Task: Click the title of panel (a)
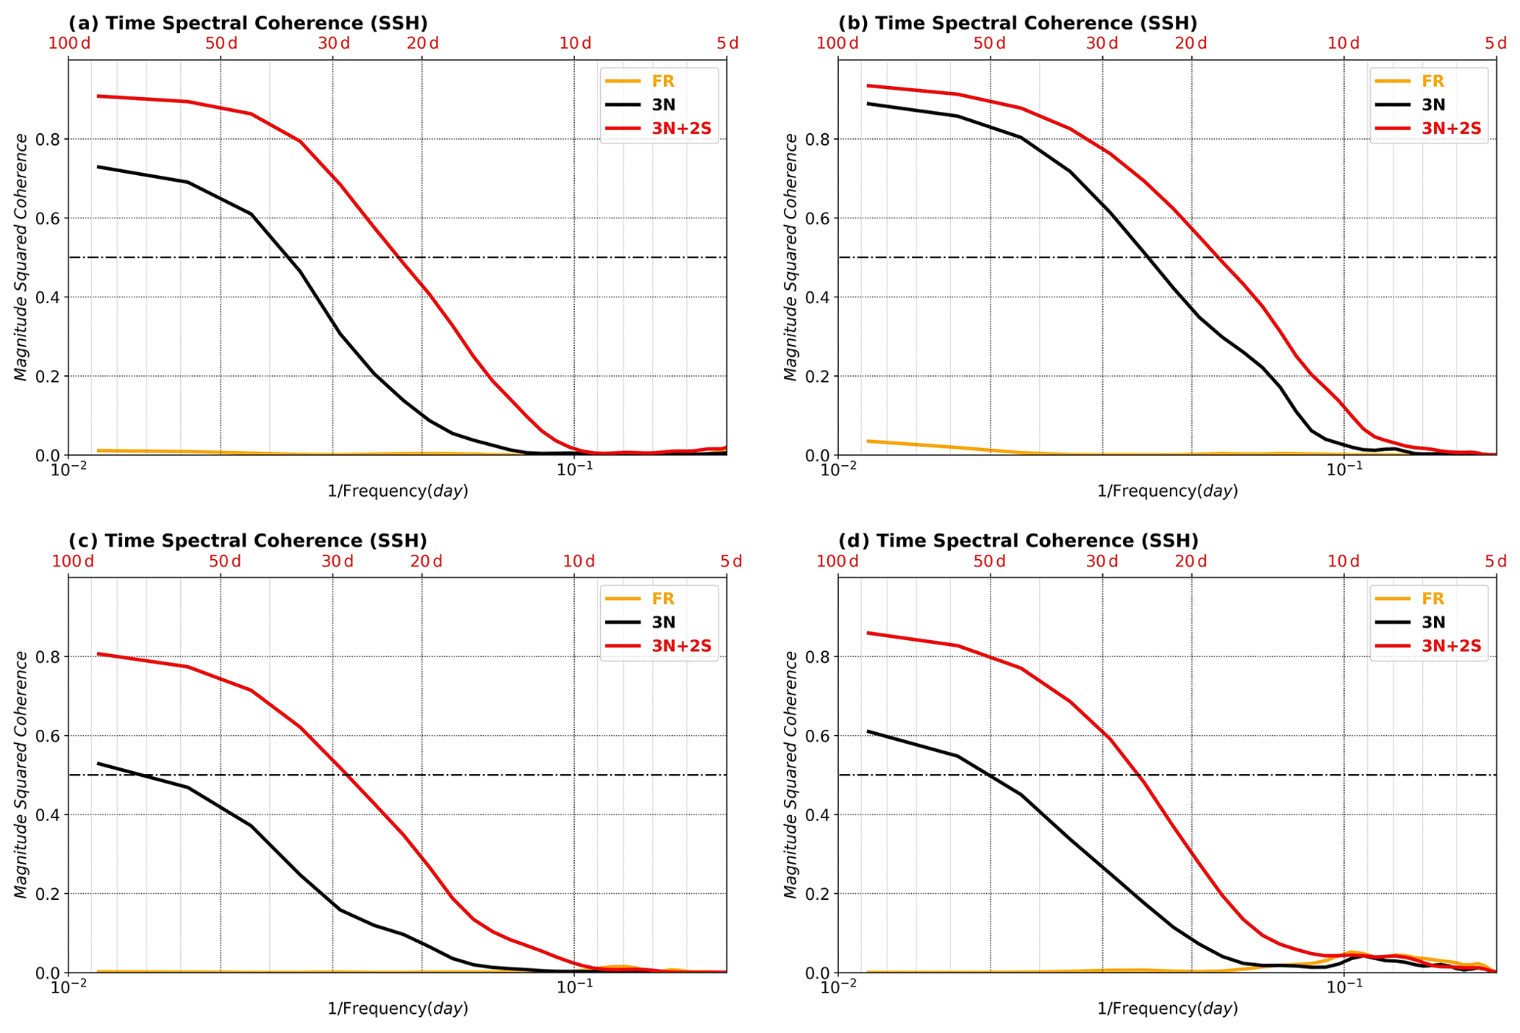coord(248,23)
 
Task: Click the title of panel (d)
coord(1018,541)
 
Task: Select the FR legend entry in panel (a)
coord(663,82)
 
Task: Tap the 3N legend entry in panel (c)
coord(663,622)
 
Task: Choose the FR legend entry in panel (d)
coord(1432,599)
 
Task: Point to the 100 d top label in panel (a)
coord(69,43)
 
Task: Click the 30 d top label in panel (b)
coord(1102,43)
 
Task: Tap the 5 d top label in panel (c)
coord(730,561)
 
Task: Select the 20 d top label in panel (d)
coord(1191,561)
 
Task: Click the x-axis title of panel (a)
coord(397,491)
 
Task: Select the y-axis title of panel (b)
coord(791,258)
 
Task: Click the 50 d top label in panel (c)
coord(224,561)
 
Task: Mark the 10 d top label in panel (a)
coord(575,43)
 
